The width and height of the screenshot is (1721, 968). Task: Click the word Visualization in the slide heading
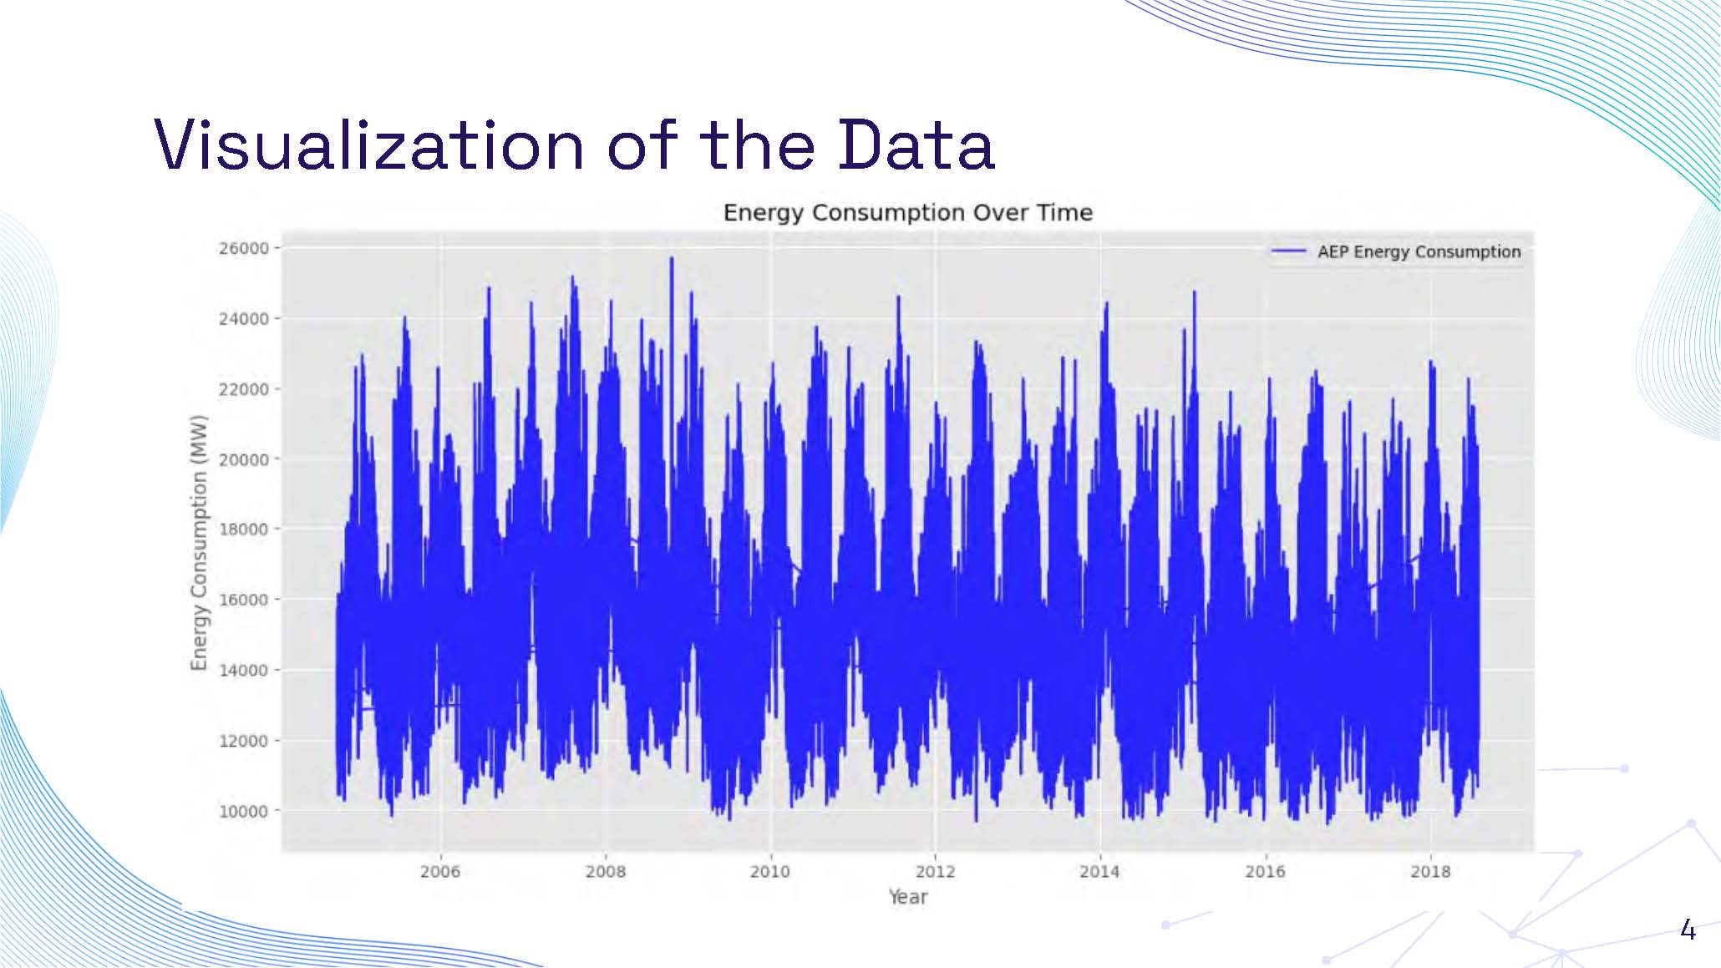coord(368,145)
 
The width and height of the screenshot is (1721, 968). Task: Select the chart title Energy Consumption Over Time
coord(907,213)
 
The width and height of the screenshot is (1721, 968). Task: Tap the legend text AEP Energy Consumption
coord(1419,252)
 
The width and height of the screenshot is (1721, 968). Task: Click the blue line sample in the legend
coord(1287,251)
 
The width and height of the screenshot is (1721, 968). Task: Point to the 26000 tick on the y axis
coord(244,248)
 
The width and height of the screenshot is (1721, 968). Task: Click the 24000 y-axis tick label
coord(244,319)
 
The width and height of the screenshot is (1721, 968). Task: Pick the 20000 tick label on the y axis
coord(244,459)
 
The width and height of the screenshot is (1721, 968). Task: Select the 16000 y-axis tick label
coord(244,600)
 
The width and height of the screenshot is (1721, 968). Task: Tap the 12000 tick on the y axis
coord(244,741)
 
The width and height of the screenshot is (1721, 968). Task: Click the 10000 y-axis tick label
coord(244,811)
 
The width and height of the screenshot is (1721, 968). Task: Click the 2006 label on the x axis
coord(440,872)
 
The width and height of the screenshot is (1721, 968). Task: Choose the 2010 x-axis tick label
coord(769,872)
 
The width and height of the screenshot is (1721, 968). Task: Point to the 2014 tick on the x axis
coord(1099,872)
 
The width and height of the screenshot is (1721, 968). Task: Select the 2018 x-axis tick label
coord(1430,872)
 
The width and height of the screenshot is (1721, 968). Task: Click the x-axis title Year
coord(907,897)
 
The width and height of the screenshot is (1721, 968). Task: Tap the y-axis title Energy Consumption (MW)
coord(198,543)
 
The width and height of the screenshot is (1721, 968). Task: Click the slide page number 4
coord(1688,930)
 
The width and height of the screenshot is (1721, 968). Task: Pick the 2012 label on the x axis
coord(935,872)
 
